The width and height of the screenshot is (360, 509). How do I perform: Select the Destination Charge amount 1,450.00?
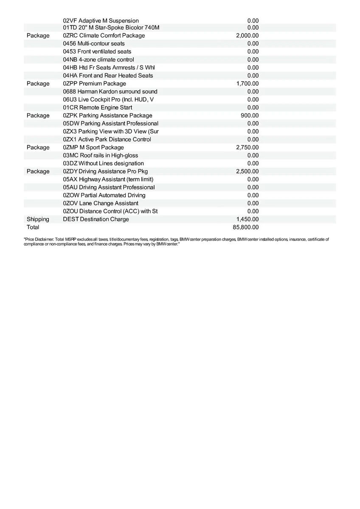[x=247, y=219]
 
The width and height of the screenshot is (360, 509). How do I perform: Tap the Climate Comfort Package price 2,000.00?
[x=247, y=36]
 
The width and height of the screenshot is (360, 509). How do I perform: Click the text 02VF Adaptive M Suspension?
[x=101, y=21]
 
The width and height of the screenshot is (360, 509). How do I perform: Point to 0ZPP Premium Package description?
[x=94, y=84]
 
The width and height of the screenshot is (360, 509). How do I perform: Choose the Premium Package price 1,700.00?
[x=247, y=84]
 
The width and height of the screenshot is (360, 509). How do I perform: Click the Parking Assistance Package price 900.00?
[x=250, y=115]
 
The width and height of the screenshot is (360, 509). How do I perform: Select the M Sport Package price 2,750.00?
[x=247, y=147]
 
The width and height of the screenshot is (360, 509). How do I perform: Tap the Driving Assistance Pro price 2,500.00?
[x=247, y=171]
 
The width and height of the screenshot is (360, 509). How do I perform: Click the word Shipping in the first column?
[x=38, y=219]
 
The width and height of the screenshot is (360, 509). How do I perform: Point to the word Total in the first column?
[x=33, y=227]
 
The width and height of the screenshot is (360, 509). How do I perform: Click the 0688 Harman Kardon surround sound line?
[x=110, y=92]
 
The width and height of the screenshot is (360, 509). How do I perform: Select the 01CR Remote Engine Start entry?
[x=97, y=108]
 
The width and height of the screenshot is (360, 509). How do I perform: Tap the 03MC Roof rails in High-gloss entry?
[x=100, y=156]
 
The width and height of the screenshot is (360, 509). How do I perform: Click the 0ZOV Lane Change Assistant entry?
[x=101, y=203]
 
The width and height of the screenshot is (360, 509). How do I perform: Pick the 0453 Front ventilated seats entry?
[x=97, y=51]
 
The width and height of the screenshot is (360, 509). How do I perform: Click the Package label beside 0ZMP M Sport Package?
[x=38, y=147]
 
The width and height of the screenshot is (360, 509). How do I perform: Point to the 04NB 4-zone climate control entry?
[x=98, y=60]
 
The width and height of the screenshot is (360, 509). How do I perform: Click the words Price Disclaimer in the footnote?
[x=36, y=240]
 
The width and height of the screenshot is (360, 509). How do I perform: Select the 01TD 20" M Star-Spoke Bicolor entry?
[x=111, y=28]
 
